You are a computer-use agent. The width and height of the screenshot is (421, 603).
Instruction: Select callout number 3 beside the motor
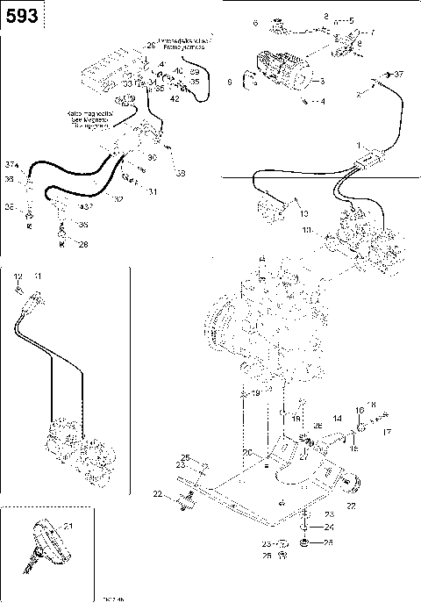322,82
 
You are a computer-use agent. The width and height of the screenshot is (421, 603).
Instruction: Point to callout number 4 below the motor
322,102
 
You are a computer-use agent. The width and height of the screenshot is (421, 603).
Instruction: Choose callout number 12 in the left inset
18,276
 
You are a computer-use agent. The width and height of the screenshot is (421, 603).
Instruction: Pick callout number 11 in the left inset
37,276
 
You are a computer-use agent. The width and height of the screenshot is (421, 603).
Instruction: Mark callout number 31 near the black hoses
152,191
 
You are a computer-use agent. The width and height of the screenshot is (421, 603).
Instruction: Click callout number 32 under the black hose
120,200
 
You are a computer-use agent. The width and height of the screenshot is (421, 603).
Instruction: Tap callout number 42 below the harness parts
175,99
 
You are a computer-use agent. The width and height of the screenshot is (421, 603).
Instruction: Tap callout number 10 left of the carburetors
306,230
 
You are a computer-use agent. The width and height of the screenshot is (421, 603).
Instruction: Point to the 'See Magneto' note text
87,119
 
